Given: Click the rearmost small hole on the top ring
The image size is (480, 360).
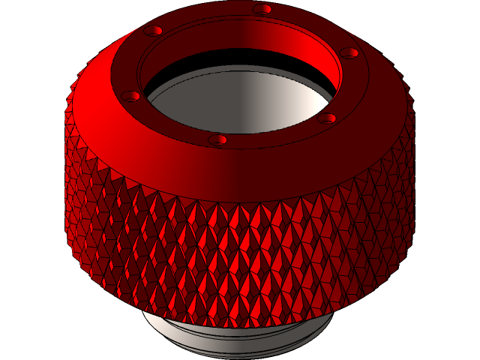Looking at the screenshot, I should [262, 9].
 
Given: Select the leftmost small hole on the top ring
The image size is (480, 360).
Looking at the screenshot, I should [131, 96].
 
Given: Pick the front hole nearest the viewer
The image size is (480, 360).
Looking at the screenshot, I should [218, 139].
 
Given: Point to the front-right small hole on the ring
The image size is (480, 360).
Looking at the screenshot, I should [328, 118].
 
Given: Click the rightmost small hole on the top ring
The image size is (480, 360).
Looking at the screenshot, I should [350, 52].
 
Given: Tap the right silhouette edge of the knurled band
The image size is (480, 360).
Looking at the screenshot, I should [414, 187].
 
